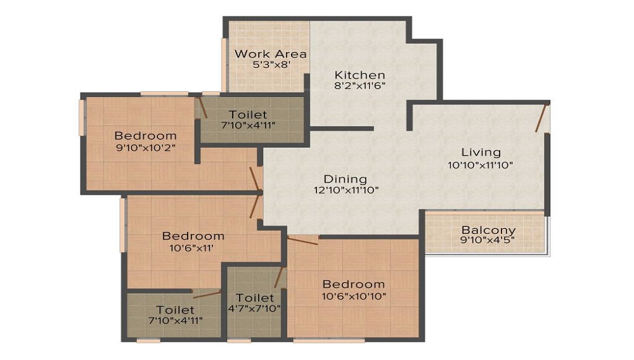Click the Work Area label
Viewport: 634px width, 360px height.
point(270,54)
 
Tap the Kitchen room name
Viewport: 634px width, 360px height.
point(359,75)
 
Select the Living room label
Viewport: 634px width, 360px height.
point(481,153)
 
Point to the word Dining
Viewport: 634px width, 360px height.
point(346,179)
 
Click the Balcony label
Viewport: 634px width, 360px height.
point(488,230)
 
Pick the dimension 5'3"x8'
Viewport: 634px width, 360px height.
point(271,65)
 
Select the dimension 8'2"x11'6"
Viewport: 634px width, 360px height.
point(360,86)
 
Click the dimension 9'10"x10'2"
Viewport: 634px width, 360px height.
point(146,148)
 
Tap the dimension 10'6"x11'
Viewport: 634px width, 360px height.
point(191,248)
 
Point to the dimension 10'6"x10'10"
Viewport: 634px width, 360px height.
point(354,297)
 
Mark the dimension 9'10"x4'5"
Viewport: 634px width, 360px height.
point(487,240)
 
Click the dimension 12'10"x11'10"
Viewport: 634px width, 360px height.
point(346,190)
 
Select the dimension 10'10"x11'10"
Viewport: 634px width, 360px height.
point(481,165)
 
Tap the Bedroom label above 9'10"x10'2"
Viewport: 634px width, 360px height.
point(146,136)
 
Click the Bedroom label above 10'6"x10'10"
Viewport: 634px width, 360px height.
point(354,285)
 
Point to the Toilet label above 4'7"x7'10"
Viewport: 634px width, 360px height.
point(255,298)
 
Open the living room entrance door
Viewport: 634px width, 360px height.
point(542,118)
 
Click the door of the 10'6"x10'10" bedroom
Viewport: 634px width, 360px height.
point(302,240)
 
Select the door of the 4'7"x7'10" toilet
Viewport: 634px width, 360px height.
point(279,277)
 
